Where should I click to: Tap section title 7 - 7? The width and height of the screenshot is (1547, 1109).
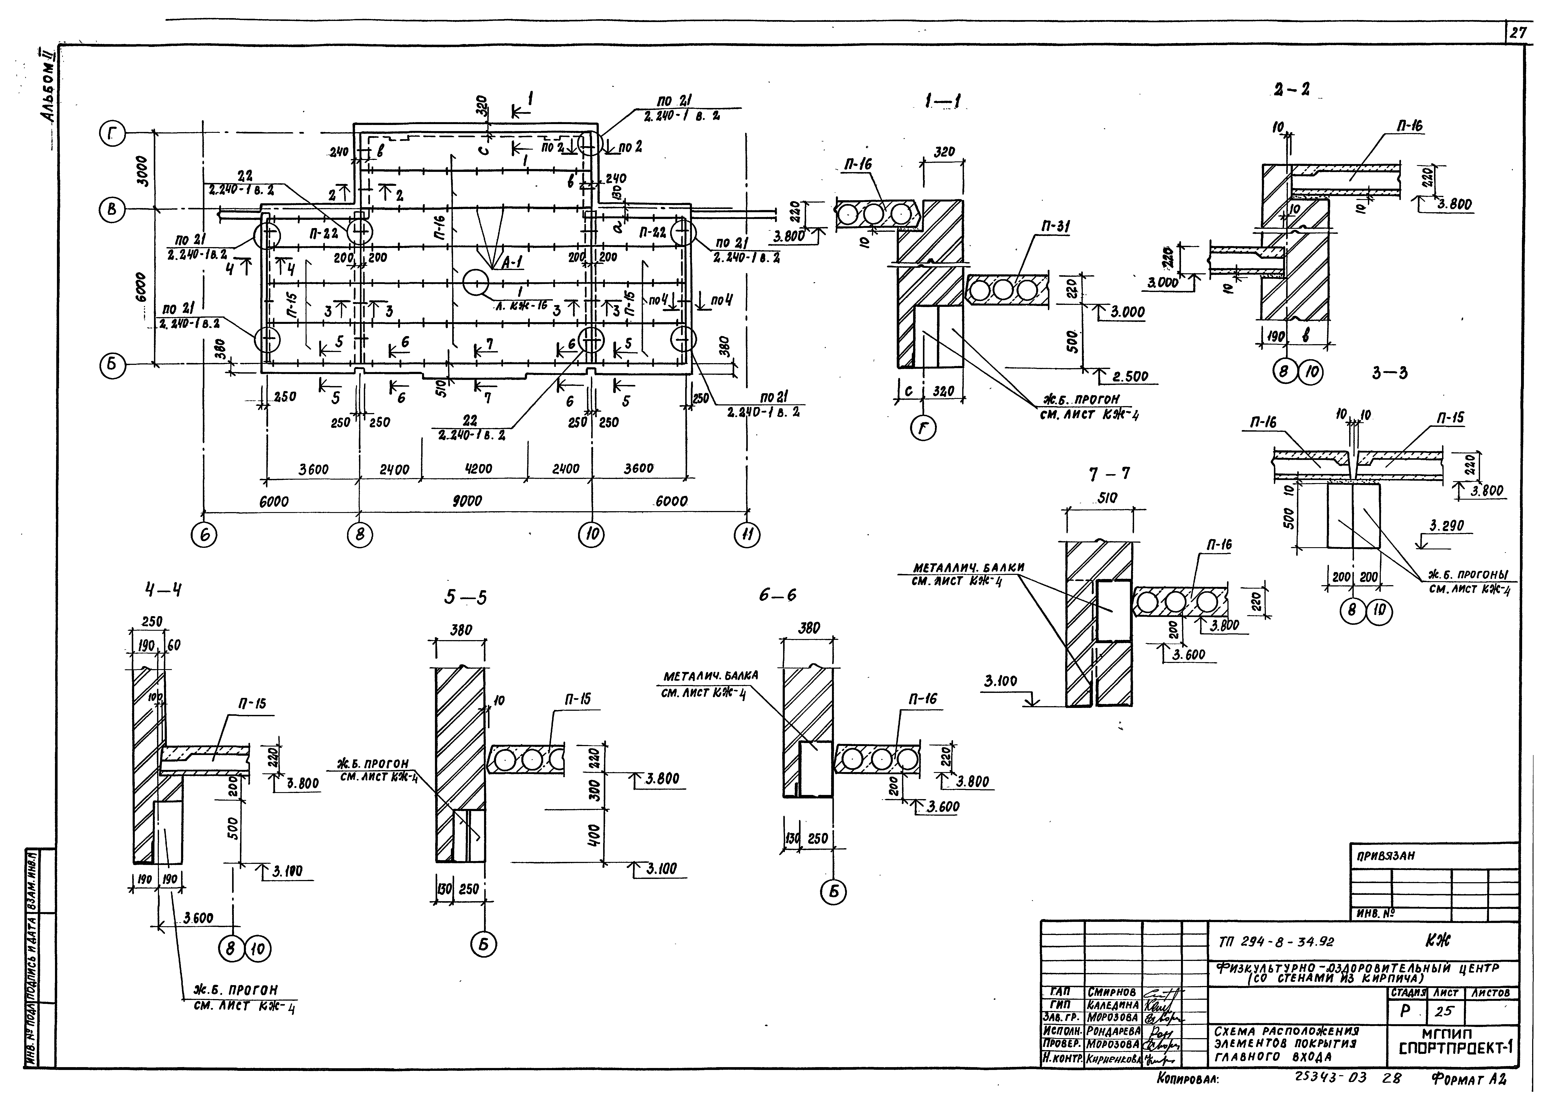1110,473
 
